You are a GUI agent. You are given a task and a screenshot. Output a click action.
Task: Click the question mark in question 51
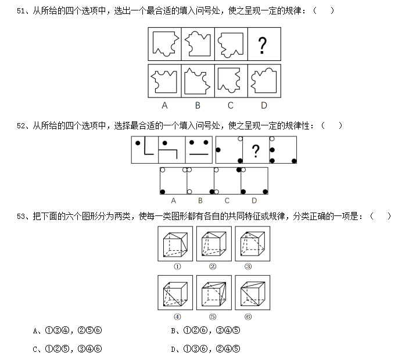[263, 45]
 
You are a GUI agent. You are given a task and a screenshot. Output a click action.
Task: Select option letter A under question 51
[164, 105]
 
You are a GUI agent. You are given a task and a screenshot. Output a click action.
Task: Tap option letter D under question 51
[264, 105]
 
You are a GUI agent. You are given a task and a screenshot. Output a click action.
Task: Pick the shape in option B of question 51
[197, 81]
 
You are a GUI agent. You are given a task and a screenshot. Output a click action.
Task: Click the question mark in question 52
[256, 151]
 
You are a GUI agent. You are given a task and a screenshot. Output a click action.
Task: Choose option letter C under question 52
[227, 200]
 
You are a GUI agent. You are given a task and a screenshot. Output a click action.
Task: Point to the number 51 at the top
[20, 10]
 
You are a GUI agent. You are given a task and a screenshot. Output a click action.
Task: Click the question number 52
[20, 125]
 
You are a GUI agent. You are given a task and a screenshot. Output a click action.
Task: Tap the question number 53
[20, 217]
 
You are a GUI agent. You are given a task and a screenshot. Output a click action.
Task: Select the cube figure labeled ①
[175, 244]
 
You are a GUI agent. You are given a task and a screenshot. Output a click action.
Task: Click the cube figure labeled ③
[253, 244]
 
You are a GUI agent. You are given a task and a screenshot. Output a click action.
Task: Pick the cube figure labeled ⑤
[214, 293]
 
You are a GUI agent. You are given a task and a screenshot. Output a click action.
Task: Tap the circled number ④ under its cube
[177, 316]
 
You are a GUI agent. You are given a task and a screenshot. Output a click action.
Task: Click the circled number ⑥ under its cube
[248, 316]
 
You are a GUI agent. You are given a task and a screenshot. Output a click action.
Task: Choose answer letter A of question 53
[35, 331]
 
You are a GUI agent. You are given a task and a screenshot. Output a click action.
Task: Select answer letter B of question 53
[173, 331]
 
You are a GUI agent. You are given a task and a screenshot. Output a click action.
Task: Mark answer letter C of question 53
[35, 350]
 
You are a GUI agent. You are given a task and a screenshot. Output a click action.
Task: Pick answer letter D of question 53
[173, 350]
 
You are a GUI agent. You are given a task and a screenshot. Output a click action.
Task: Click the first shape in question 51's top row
[166, 44]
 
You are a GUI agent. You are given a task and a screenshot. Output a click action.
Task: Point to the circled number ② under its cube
[213, 267]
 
